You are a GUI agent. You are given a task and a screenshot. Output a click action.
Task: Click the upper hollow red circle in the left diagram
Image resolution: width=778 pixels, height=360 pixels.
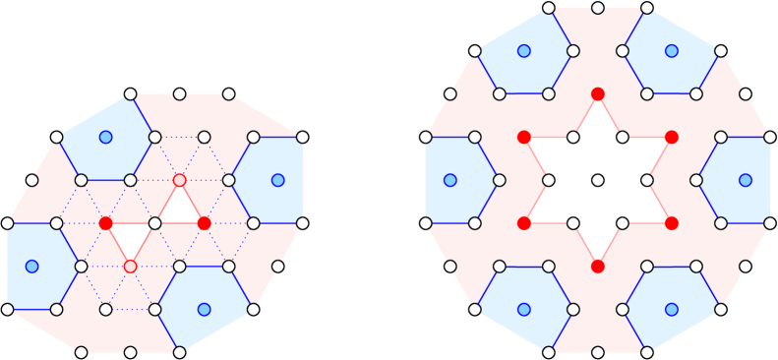tap(179, 180)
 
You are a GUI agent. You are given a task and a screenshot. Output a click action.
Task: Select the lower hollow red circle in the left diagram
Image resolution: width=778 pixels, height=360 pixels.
tap(130, 267)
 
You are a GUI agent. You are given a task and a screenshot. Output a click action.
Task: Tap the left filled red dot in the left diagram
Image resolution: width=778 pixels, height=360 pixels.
tap(105, 223)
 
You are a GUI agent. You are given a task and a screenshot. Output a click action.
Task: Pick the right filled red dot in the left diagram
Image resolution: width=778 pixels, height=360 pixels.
tap(204, 223)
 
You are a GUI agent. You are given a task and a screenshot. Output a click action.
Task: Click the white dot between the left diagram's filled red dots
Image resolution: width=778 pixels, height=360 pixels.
tap(154, 223)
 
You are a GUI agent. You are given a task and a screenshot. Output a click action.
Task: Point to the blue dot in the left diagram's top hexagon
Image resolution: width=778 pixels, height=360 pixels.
tap(105, 137)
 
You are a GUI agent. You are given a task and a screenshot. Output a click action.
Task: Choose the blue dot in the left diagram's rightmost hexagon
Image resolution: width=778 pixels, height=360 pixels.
tap(277, 180)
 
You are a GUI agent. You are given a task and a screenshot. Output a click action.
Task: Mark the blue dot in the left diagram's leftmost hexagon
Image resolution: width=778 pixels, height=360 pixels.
tap(31, 267)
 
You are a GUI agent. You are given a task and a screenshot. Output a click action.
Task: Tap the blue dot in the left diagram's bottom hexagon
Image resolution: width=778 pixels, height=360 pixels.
tap(204, 309)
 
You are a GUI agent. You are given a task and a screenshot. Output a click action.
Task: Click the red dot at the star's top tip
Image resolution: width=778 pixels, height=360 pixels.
tap(597, 93)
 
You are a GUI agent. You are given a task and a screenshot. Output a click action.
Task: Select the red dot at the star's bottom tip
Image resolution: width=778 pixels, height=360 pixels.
tap(597, 267)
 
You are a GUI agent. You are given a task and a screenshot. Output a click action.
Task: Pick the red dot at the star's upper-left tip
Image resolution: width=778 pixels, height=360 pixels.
tap(523, 137)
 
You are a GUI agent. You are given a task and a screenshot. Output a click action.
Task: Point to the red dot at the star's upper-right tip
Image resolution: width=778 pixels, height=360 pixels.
tap(671, 137)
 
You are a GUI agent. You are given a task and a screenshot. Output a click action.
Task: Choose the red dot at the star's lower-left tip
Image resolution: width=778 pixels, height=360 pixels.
tap(523, 223)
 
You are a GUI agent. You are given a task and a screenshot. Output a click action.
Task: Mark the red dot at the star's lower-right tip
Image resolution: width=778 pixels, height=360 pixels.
tap(671, 223)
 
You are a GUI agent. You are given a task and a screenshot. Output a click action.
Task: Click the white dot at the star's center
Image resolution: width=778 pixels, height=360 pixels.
tap(597, 180)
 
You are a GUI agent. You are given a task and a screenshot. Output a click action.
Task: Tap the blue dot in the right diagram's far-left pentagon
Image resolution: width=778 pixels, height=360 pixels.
tap(449, 180)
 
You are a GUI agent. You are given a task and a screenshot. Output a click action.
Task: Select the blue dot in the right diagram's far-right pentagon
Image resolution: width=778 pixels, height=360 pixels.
tap(745, 180)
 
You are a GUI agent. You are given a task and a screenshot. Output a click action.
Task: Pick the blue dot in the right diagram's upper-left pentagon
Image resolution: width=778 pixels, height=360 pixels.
tap(523, 51)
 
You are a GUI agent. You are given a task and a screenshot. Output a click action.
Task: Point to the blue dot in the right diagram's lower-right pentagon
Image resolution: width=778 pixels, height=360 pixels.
tap(671, 309)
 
